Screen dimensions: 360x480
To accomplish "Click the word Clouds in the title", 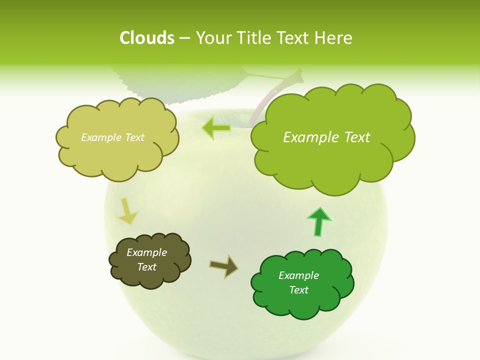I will [x=146, y=38].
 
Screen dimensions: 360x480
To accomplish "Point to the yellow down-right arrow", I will [x=127, y=212].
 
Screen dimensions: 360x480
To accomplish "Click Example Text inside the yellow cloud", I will [x=112, y=137].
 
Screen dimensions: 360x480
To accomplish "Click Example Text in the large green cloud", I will [x=326, y=137].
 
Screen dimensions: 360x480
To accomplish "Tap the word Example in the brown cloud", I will [x=146, y=252].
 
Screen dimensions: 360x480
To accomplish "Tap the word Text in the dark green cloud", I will [x=298, y=290].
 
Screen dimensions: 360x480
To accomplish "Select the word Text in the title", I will [x=295, y=38].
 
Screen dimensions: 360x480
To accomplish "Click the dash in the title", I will [x=184, y=38].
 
